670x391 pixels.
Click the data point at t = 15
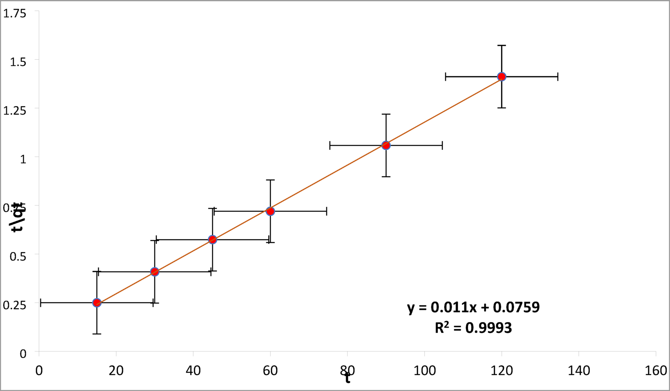tap(97, 303)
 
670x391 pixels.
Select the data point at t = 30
tap(154, 272)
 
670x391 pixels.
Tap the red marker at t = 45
tap(212, 240)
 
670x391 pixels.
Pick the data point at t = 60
tap(270, 211)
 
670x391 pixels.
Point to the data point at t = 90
tap(386, 145)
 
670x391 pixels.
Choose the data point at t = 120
tap(501, 77)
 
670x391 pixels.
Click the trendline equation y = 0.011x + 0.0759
tap(473, 307)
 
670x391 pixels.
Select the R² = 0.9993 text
tap(473, 328)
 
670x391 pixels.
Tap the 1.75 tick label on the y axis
tap(15, 14)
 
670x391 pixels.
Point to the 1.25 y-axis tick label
tap(15, 110)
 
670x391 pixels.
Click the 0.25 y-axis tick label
tap(15, 305)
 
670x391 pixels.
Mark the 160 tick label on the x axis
tap(655, 370)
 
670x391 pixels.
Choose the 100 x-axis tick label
tap(424, 370)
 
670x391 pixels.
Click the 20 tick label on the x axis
tap(116, 370)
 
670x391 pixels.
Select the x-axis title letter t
tap(347, 378)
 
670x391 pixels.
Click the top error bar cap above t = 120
tap(501, 46)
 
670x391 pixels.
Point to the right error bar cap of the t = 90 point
tap(442, 145)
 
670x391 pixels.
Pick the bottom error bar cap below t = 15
tap(97, 334)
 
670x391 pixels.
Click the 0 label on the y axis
tap(23, 354)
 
